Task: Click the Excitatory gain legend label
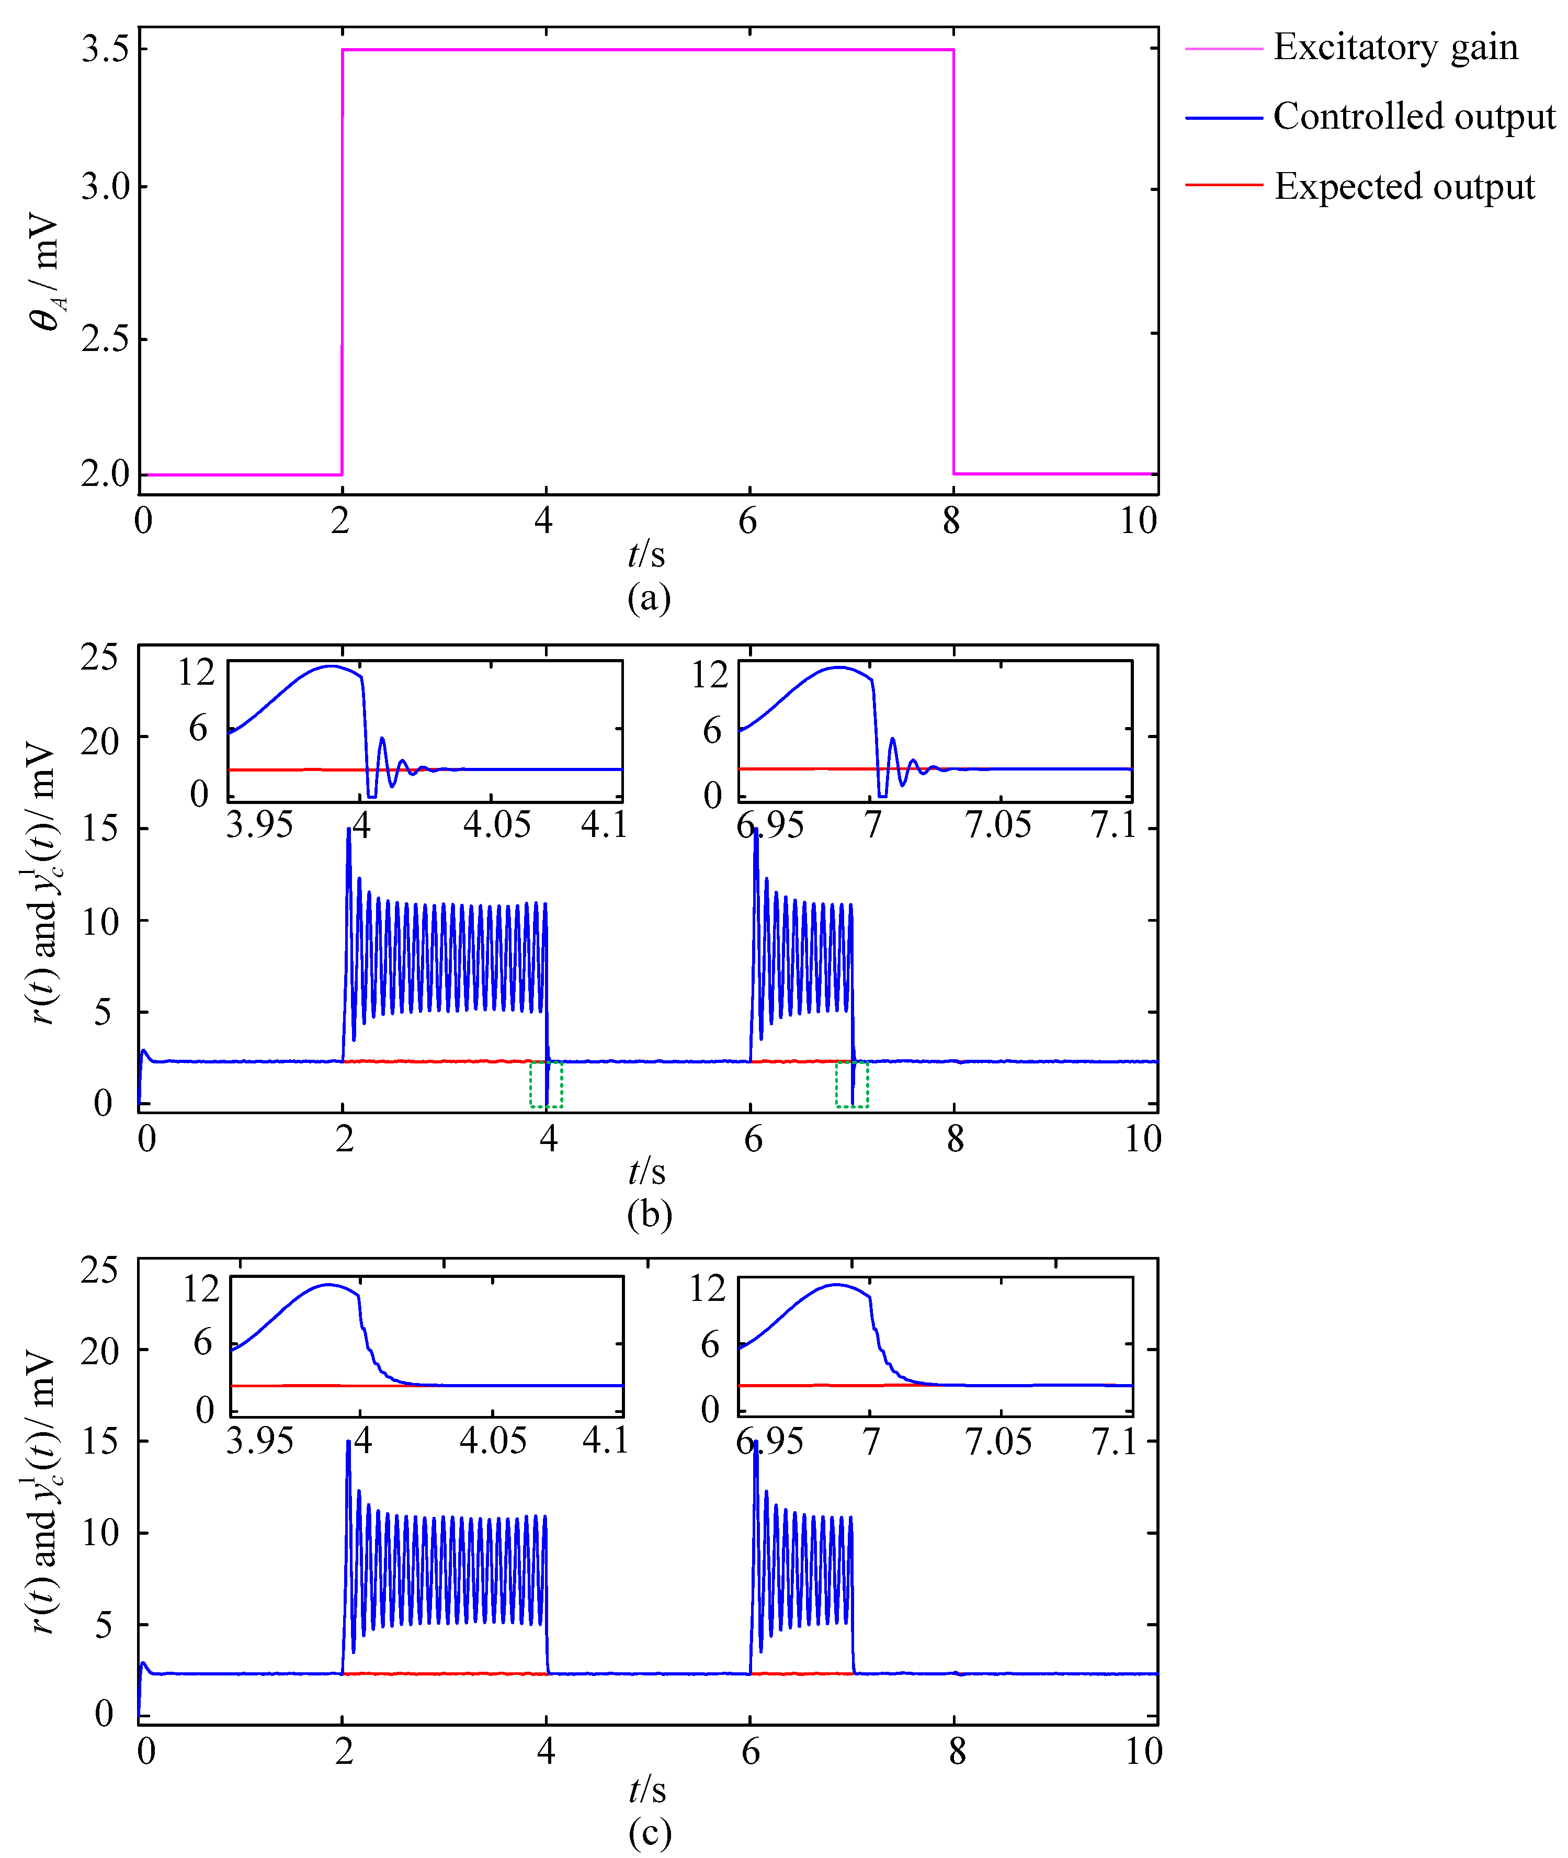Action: tap(1395, 47)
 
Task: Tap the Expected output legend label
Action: tap(1404, 187)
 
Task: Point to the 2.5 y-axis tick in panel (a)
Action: tap(106, 339)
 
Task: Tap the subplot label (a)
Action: tap(649, 597)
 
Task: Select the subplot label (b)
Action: tap(649, 1215)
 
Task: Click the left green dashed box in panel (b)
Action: tap(546, 1084)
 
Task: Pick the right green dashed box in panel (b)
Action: tap(851, 1084)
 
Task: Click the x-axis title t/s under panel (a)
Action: tap(646, 555)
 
